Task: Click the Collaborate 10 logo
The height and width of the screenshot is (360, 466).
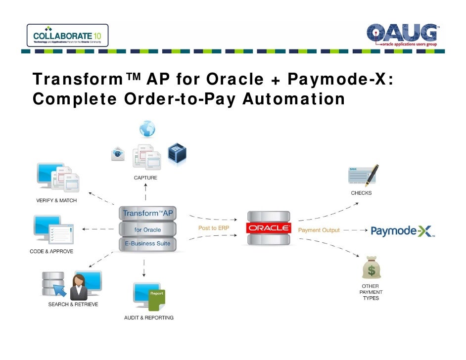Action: point(67,35)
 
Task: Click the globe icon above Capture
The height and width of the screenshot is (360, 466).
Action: point(147,129)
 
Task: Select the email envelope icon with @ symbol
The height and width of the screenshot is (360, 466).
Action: point(118,154)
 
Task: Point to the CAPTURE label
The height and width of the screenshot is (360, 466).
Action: point(145,178)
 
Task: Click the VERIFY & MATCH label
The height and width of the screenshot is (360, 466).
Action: point(56,200)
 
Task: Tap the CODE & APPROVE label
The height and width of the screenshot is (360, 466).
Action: point(51,252)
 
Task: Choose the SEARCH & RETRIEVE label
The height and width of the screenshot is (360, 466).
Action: point(73,304)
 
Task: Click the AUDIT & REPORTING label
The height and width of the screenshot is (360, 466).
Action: point(148,317)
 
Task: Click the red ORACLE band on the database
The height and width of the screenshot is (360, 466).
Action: point(270,228)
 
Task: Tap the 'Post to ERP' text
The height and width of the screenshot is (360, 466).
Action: point(214,228)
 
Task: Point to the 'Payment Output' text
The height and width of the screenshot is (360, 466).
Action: point(319,230)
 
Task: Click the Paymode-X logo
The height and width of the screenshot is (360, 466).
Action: point(402,231)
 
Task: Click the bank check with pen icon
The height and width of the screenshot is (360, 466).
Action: point(364,176)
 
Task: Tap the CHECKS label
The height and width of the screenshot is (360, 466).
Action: point(361,193)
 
